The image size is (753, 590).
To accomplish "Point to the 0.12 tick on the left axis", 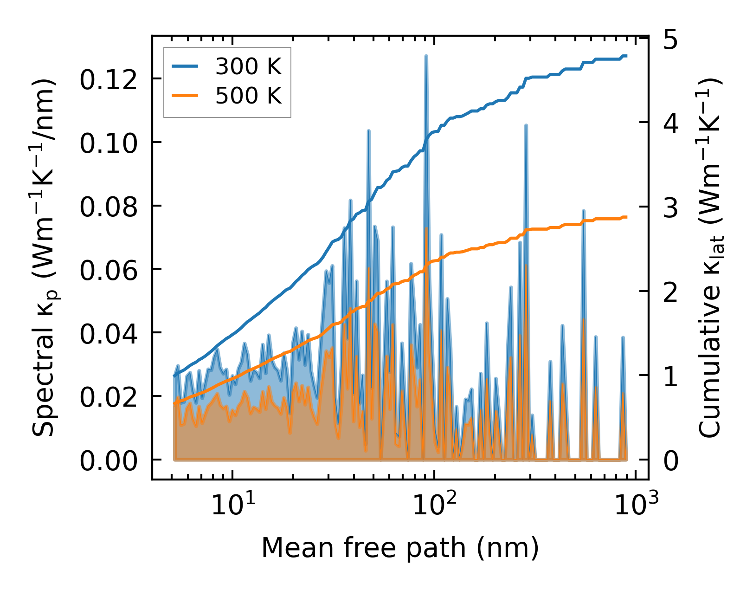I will coord(109,79).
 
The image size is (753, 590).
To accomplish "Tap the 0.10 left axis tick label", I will coord(109,143).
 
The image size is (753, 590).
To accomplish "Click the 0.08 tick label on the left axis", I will coord(109,206).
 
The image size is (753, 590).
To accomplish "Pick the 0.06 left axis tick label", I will coord(109,270).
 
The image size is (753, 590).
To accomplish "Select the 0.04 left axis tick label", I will coord(109,333).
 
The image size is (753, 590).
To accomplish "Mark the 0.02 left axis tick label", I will coord(109,396).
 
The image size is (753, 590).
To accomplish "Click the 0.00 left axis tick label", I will coord(109,460).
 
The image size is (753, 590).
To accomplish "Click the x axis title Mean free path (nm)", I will coord(400,548).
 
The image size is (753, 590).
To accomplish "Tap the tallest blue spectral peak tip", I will coord(426,56).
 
